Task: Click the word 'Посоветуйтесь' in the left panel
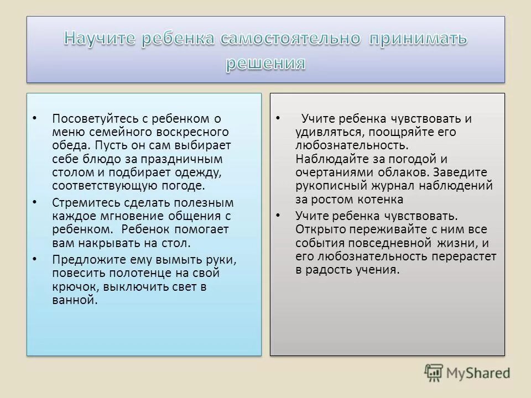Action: tap(90, 118)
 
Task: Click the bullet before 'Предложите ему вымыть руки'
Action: tap(35, 259)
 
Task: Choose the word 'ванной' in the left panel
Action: tap(74, 300)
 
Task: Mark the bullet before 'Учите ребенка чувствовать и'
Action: tap(278, 119)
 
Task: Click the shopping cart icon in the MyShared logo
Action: tap(434, 373)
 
